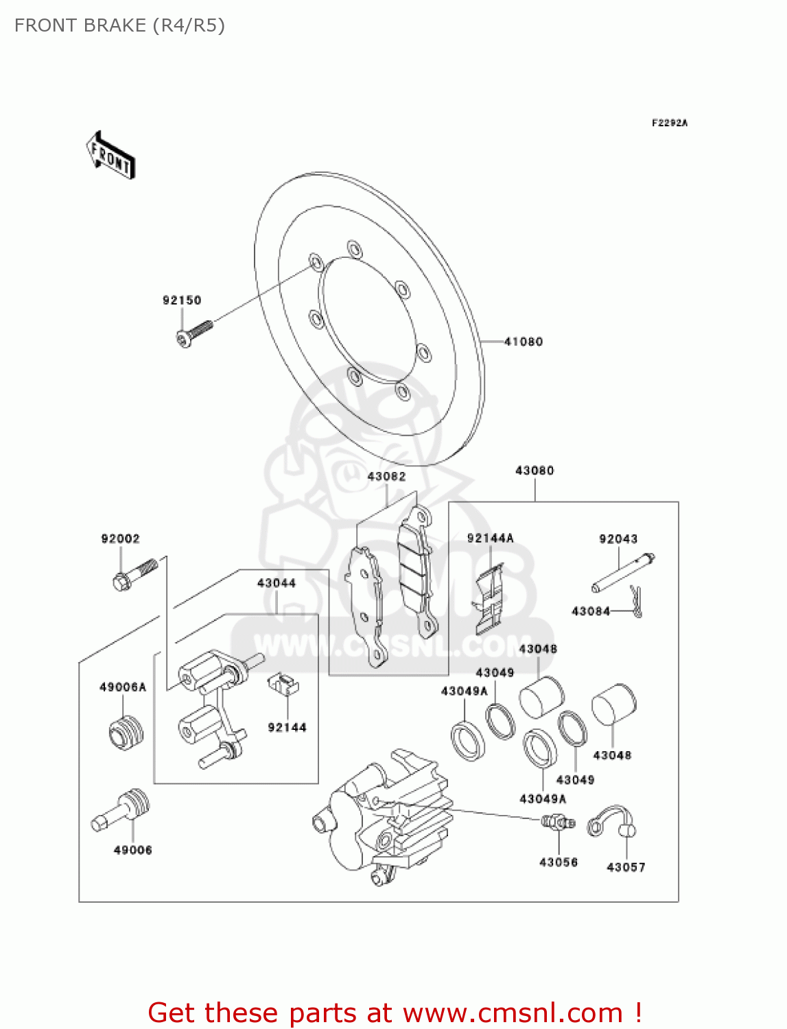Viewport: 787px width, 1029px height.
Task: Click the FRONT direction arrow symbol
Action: (110, 156)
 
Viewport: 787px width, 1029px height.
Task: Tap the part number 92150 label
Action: (182, 300)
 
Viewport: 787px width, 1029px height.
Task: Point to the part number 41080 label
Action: (524, 342)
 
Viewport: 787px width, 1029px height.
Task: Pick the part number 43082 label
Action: (386, 477)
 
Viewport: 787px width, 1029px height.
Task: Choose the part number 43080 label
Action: (535, 471)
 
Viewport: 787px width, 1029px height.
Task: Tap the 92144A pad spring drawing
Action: (490, 598)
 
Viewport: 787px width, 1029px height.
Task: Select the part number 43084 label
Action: (591, 611)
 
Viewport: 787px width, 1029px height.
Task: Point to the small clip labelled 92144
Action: (283, 684)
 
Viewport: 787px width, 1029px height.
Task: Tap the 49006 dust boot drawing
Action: (122, 810)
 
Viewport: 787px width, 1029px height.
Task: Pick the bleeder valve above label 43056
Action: (558, 822)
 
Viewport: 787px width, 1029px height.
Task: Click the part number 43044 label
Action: (277, 583)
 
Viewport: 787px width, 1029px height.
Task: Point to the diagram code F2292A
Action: (670, 123)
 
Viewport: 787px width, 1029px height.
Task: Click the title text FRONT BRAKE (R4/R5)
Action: (119, 25)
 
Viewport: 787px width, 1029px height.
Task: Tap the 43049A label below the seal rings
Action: (543, 799)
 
